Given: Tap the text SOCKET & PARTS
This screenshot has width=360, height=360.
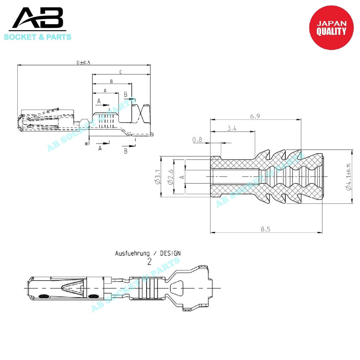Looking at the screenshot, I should coord(38,37).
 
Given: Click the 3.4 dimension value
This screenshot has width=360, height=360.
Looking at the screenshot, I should coord(232,129).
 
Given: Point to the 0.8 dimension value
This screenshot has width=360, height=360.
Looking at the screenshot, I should coord(197,140).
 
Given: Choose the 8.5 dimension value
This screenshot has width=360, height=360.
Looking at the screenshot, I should coord(265,229).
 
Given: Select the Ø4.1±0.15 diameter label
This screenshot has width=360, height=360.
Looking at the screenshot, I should coord(348,177).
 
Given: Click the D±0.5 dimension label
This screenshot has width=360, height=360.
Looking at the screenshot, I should coord(84,63).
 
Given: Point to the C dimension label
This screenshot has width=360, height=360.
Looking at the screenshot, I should coord(121,72).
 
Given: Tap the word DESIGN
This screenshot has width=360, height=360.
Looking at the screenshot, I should coord(170,253).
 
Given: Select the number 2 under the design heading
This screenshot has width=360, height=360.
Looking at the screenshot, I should coord(149,262).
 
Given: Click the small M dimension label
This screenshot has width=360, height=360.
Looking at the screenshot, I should coord(86,143).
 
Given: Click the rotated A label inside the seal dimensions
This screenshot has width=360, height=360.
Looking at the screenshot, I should coord(182,176).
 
